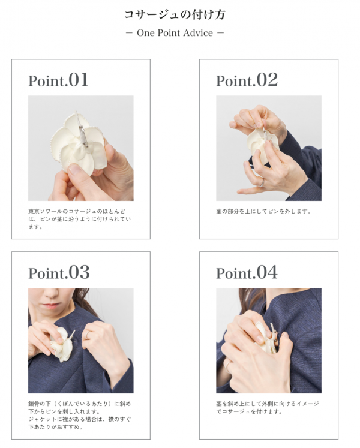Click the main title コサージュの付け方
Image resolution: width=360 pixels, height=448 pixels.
[x=175, y=14]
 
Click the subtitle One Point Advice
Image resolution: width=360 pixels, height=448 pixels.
[x=175, y=33]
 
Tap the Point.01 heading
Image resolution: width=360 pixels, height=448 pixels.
[x=58, y=80]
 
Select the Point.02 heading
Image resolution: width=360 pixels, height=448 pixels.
[x=247, y=80]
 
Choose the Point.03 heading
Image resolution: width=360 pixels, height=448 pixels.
[x=59, y=272]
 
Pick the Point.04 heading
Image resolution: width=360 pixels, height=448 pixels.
[x=247, y=272]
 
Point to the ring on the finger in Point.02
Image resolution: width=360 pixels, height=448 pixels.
[x=262, y=182]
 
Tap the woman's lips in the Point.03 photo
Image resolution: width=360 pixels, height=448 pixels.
[x=52, y=306]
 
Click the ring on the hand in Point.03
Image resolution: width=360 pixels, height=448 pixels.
[x=88, y=335]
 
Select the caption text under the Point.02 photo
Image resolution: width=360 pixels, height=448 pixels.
[x=263, y=212]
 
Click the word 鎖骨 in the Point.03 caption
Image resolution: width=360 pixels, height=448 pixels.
[x=34, y=404]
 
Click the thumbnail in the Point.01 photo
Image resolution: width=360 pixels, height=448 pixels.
[x=76, y=169]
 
